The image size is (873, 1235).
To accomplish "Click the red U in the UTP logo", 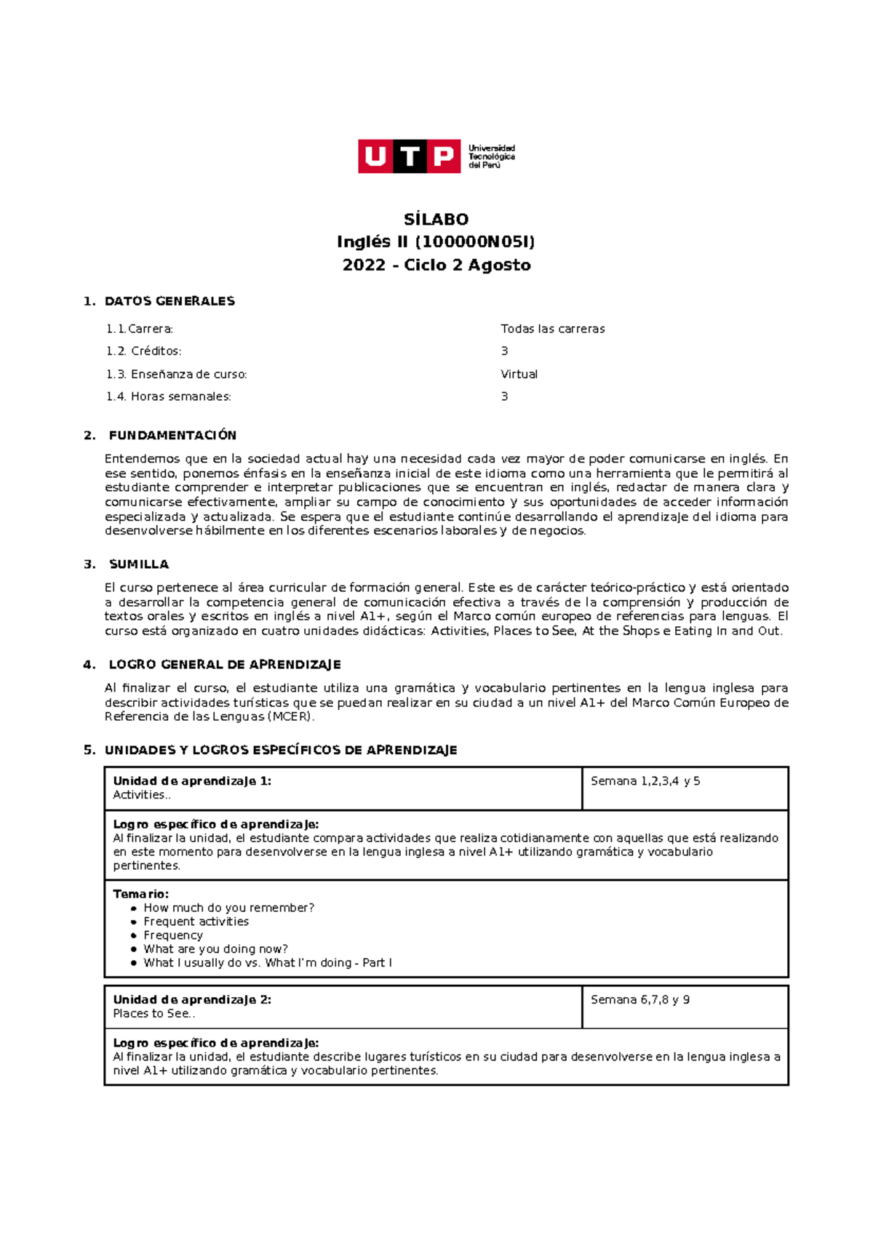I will [375, 156].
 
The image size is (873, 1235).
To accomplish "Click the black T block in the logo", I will [410, 156].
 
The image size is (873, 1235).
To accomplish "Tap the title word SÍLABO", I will [436, 219].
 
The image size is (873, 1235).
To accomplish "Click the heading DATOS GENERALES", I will [170, 301].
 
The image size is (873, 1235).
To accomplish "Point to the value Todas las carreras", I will [552, 329].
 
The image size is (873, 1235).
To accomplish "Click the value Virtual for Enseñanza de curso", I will [519, 374].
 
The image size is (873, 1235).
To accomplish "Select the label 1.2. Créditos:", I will [143, 351].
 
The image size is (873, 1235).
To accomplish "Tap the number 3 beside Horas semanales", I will [504, 396].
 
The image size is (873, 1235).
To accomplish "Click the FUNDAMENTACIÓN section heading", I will [172, 436].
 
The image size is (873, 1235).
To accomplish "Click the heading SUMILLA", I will [138, 564].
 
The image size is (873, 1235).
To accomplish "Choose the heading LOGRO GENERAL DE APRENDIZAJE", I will [224, 665].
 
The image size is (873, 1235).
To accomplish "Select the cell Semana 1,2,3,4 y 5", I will [645, 781].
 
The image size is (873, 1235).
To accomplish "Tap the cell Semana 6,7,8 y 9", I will [640, 1000].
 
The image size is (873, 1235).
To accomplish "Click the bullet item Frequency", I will [173, 935].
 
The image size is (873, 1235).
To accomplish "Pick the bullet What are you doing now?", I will [215, 949].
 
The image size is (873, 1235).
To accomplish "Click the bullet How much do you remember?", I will [228, 908].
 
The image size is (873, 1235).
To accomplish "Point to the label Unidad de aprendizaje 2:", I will [192, 1000].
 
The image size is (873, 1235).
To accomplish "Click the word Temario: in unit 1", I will [140, 894].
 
